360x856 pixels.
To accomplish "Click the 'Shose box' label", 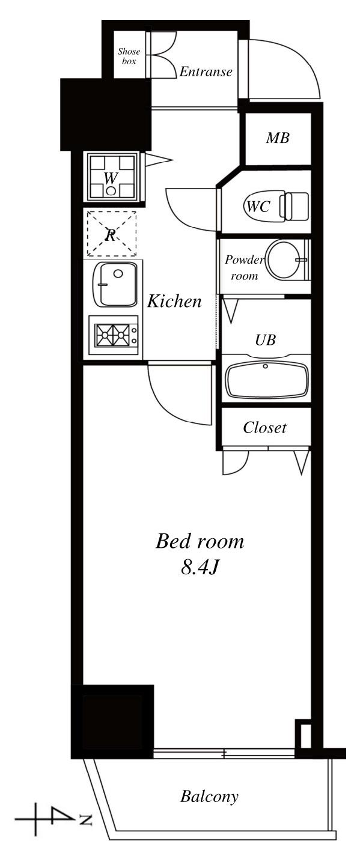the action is [129, 56].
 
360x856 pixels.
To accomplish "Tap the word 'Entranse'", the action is [206, 71].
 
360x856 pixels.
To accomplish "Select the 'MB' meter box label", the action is [278, 138].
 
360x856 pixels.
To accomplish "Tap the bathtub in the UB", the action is [266, 380].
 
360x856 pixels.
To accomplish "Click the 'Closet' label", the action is [264, 427].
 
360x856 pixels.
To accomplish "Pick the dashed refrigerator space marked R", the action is [112, 233].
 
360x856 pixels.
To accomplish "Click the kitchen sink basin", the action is [115, 284].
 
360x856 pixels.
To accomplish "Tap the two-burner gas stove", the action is [114, 336].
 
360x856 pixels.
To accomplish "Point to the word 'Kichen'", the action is [174, 301].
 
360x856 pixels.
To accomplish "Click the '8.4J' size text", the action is [199, 568].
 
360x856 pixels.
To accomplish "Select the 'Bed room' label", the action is [200, 541].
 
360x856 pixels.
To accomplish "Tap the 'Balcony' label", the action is [209, 796].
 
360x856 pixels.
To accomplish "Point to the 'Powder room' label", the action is [245, 267].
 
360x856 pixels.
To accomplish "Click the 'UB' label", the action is [266, 339].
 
